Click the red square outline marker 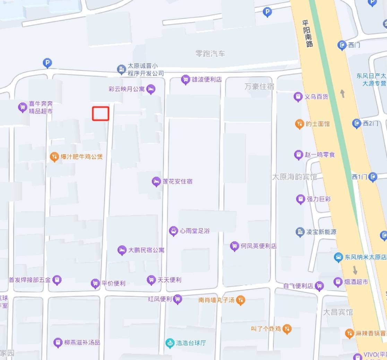pyautogui.click(x=101, y=114)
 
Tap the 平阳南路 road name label pyautogui.click(x=307, y=33)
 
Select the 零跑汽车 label pyautogui.click(x=210, y=54)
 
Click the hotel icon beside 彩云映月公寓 pyautogui.click(x=151, y=89)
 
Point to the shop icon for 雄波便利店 pyautogui.click(x=186, y=79)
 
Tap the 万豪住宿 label pyautogui.click(x=259, y=86)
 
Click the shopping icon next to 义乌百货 pyautogui.click(x=298, y=97)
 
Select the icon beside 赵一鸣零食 pyautogui.click(x=298, y=154)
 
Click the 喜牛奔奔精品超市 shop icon pyautogui.click(x=23, y=107)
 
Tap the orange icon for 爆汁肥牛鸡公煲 pyautogui.click(x=54, y=157)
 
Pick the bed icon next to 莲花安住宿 pyautogui.click(x=156, y=181)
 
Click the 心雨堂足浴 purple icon pyautogui.click(x=173, y=231)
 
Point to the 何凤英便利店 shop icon pyautogui.click(x=234, y=246)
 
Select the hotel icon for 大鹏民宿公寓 pyautogui.click(x=122, y=250)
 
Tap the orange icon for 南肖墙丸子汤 pyautogui.click(x=241, y=300)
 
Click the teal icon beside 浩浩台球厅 pyautogui.click(x=170, y=343)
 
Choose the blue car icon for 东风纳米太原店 pyautogui.click(x=338, y=257)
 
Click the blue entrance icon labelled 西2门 pyautogui.click(x=356, y=123)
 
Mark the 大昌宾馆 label pyautogui.click(x=338, y=312)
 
